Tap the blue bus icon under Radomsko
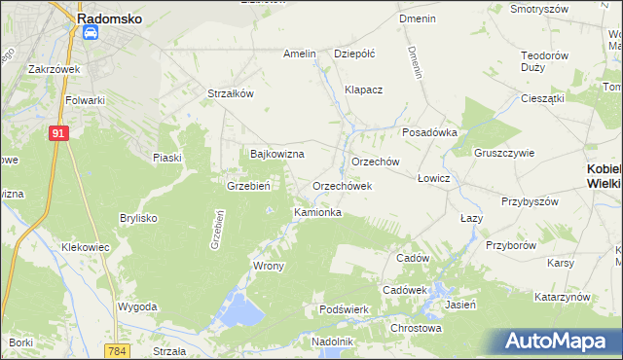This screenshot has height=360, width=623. coord(91,33)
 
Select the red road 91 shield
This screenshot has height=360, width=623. coord(58,133)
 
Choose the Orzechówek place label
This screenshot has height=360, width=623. coord(342,185)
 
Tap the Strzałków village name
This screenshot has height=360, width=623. coord(231,93)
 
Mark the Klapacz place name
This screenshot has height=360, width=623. coord(364,90)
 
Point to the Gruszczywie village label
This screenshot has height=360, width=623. coord(505,153)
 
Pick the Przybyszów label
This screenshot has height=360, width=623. coord(530,201)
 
